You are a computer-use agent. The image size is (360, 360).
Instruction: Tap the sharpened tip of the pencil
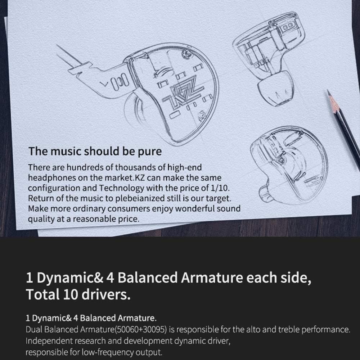point(328,91)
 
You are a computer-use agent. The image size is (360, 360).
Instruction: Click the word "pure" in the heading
point(150,152)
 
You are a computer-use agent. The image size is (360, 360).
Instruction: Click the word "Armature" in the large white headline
point(212,278)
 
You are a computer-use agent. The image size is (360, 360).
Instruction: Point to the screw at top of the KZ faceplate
point(187,54)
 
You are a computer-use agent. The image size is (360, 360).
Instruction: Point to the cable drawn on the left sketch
point(68,55)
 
